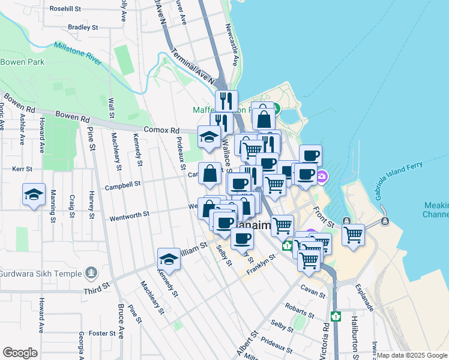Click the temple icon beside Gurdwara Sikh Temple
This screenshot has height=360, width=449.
tap(91, 274)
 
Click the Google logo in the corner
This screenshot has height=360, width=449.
tap(20, 352)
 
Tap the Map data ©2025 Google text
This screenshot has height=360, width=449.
tap(412, 355)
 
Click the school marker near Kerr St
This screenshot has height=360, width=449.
tap(34, 195)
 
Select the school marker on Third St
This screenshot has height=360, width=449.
tap(169, 260)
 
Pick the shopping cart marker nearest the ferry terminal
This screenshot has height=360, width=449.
tap(354, 235)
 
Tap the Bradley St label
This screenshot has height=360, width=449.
tap(83, 27)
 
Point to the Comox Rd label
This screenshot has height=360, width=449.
tap(161, 130)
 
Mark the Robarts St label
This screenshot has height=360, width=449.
tap(300, 310)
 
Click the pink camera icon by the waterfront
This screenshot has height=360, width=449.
tap(322, 176)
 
